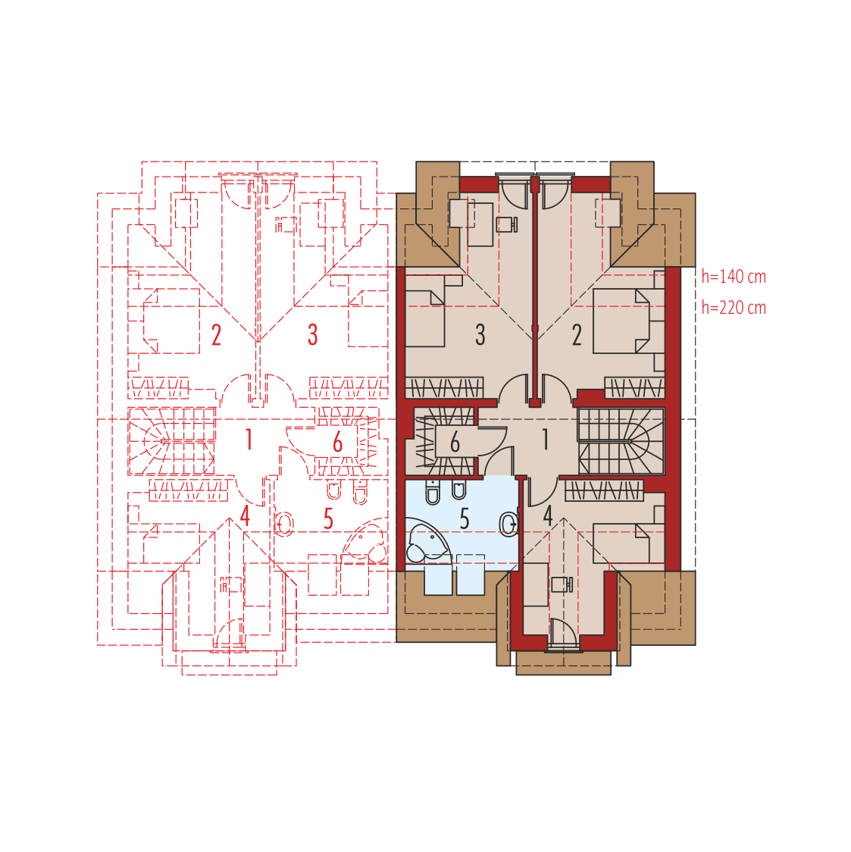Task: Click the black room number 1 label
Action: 545,439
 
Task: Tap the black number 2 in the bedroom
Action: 577,334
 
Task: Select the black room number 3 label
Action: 480,334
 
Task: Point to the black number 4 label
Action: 548,515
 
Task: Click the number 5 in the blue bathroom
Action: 465,519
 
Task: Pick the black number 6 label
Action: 455,442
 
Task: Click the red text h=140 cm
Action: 734,277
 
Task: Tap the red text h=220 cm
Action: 734,308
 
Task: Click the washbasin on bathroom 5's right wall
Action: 509,521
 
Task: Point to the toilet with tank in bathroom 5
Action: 433,493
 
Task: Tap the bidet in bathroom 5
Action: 458,490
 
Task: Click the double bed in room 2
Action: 621,320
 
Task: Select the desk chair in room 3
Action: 506,224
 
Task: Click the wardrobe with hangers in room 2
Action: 634,387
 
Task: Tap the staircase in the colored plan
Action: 621,441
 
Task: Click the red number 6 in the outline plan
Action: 338,442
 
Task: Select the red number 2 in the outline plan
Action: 216,335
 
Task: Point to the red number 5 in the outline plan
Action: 328,519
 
